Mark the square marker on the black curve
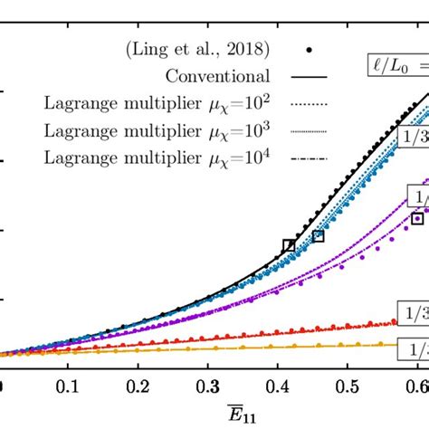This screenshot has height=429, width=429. click(289, 245)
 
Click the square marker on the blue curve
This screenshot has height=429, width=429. click(319, 235)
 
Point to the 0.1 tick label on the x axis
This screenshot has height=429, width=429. click(66, 385)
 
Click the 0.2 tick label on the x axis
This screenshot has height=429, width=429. click(138, 385)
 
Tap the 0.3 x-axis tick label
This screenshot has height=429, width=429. click(208, 385)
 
